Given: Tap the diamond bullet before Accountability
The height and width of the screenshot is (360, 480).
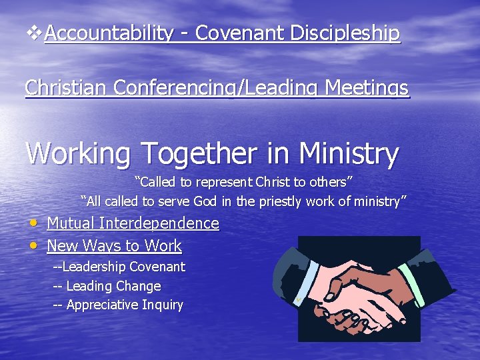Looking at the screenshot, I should click(34, 32).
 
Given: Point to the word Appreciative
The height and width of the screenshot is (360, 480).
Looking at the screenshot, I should click(105, 305).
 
